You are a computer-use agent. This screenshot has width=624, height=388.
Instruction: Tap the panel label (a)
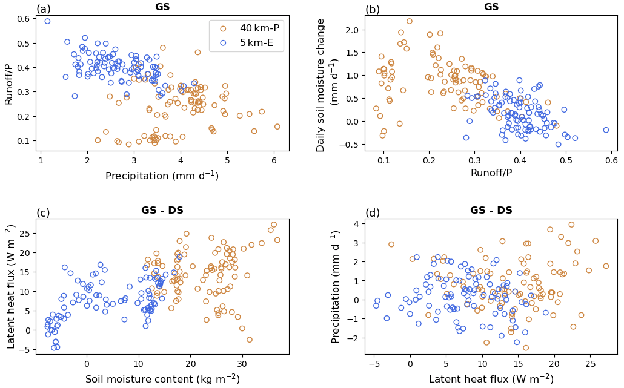[44, 9]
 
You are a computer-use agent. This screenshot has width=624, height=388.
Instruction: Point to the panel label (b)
[373, 9]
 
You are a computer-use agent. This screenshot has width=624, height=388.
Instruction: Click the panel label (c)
[44, 213]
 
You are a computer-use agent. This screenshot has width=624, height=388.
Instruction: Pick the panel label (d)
[373, 213]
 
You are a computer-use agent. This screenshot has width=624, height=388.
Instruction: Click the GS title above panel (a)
[162, 7]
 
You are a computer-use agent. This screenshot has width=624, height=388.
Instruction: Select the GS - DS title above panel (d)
[491, 211]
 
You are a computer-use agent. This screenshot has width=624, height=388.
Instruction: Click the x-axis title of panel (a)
[162, 176]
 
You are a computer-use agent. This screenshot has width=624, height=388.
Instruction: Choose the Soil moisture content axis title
[162, 380]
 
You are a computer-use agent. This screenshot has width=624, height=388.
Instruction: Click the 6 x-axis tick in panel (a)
[274, 160]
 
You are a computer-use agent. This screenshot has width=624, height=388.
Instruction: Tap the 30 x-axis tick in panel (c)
[242, 364]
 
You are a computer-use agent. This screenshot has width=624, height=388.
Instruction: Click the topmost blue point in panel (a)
[47, 21]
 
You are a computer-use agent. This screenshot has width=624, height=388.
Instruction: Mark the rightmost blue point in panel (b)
[606, 130]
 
